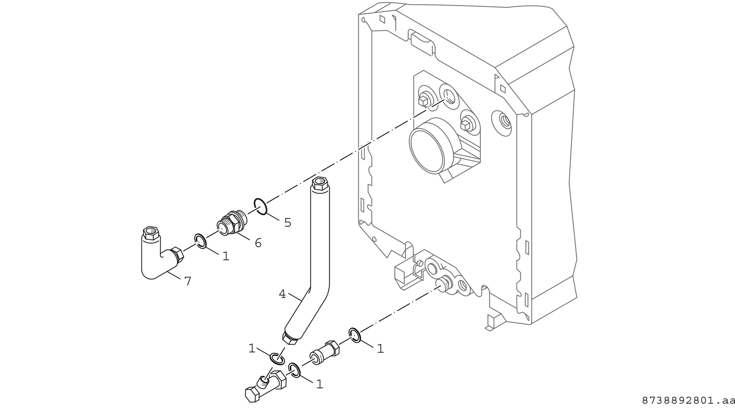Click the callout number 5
click(287, 223)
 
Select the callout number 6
click(258, 243)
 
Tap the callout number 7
click(188, 281)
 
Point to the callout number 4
click(282, 294)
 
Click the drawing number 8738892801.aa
click(688, 401)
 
